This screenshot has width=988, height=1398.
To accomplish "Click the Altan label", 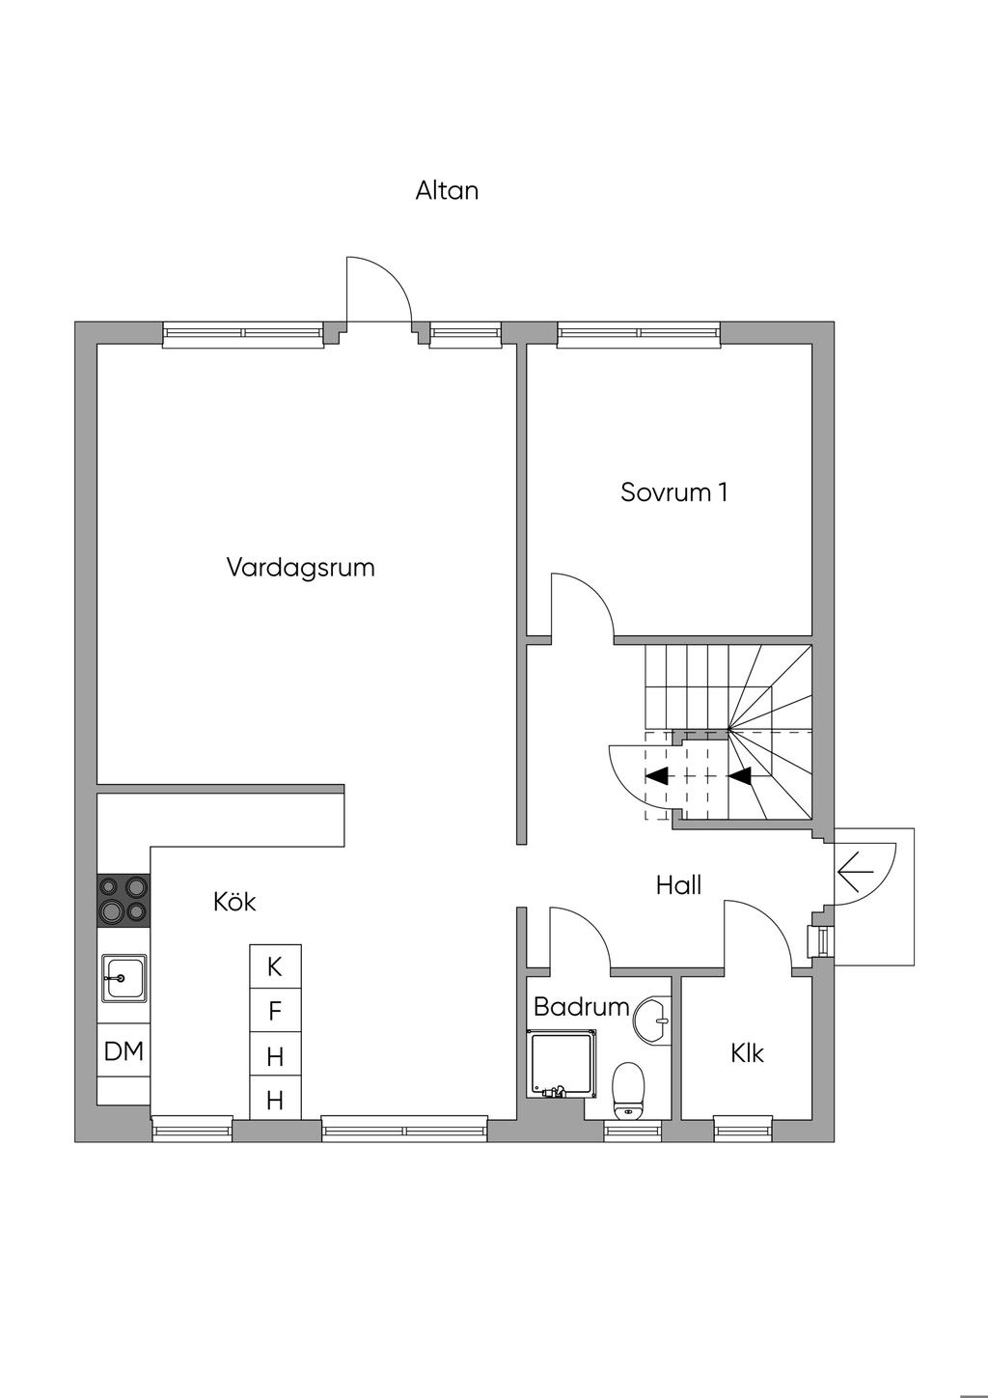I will [x=447, y=190].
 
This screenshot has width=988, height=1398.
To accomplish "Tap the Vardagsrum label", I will [x=300, y=567].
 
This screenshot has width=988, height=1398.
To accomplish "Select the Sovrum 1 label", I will [x=673, y=492].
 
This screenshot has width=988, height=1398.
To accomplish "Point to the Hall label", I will [x=678, y=885].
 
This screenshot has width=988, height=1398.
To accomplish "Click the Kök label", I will [x=234, y=902].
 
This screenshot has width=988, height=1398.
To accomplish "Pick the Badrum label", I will [x=581, y=1007].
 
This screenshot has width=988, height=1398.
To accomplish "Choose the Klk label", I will [x=747, y=1052].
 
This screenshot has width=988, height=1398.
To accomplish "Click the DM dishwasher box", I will [x=123, y=1051].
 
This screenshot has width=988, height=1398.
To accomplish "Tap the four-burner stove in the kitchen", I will [x=123, y=900].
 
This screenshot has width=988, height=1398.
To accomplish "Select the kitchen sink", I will [x=124, y=978].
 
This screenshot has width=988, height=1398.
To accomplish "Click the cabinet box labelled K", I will [x=275, y=966].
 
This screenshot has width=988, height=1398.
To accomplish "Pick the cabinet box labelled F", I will [x=275, y=1011].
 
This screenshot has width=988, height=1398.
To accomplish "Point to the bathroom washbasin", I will [x=653, y=1019].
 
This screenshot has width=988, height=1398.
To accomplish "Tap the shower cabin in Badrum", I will [x=563, y=1063].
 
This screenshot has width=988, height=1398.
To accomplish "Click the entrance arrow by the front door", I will [x=854, y=874].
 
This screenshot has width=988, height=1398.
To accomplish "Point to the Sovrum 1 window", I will [x=640, y=334].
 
